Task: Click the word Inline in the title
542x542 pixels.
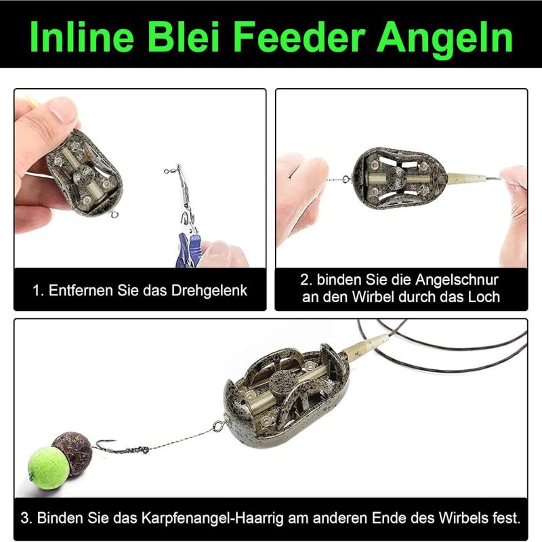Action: tap(82, 37)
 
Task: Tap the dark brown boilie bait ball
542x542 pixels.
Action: tap(73, 452)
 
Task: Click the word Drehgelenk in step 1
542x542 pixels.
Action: tap(209, 291)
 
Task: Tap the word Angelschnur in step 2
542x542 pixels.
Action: tap(457, 280)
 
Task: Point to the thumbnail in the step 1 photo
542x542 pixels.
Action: tap(63, 108)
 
